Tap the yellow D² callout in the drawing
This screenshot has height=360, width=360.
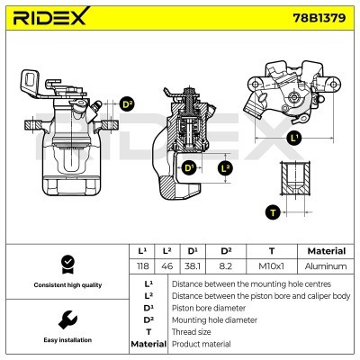(x=126, y=104)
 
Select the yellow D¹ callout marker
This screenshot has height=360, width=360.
(x=189, y=167)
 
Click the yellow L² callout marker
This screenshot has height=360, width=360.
(x=226, y=168)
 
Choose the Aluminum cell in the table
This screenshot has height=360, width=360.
(x=326, y=266)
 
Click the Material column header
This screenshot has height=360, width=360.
(x=326, y=251)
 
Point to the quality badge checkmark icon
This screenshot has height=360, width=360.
(x=66, y=264)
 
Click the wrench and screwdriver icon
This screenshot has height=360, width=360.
(x=66, y=319)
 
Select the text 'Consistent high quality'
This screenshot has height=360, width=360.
(x=66, y=285)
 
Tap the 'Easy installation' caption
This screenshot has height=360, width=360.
(x=66, y=340)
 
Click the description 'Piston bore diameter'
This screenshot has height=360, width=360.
(x=208, y=307)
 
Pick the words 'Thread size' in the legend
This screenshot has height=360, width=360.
(x=192, y=331)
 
